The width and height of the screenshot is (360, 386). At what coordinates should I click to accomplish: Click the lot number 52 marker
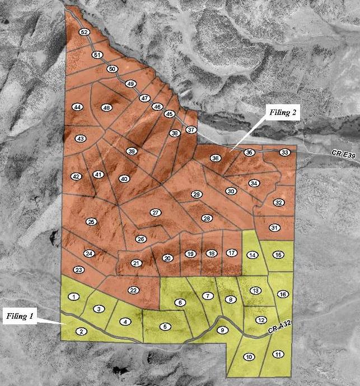click(x=85, y=32)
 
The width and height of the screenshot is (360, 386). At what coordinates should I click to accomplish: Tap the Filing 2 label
click(x=283, y=112)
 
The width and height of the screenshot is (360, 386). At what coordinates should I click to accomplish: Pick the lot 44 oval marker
click(x=78, y=107)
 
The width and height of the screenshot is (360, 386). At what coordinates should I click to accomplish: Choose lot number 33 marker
click(x=285, y=152)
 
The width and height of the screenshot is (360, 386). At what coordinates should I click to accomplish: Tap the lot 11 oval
click(x=278, y=354)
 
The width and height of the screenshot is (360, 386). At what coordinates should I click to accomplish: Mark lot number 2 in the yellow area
click(x=82, y=332)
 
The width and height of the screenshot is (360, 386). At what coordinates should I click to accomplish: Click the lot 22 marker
click(x=133, y=290)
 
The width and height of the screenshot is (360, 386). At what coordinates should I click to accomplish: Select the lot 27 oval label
click(x=156, y=212)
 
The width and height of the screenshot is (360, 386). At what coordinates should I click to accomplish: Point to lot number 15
click(x=278, y=255)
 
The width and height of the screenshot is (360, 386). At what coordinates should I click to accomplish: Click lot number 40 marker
click(x=124, y=179)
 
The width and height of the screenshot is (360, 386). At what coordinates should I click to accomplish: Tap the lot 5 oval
click(x=165, y=326)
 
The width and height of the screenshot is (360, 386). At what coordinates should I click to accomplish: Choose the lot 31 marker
click(x=274, y=228)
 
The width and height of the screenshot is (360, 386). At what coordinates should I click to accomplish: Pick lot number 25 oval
click(x=92, y=222)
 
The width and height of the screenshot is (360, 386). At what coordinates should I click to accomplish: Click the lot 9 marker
click(x=222, y=330)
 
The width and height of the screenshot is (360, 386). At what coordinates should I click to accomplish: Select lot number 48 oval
click(x=106, y=108)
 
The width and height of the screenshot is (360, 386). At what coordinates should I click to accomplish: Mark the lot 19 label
click(x=190, y=254)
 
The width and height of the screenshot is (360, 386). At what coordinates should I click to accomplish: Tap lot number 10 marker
click(x=249, y=356)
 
